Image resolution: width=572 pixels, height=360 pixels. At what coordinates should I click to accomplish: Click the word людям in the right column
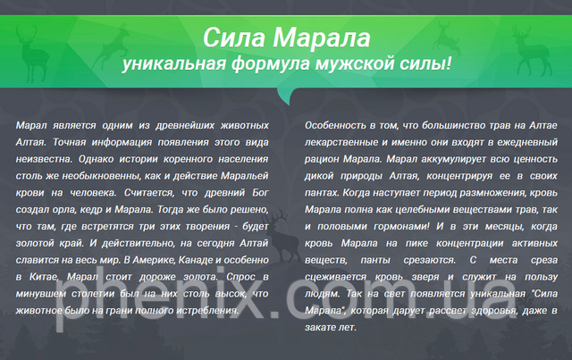coord(323,294)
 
